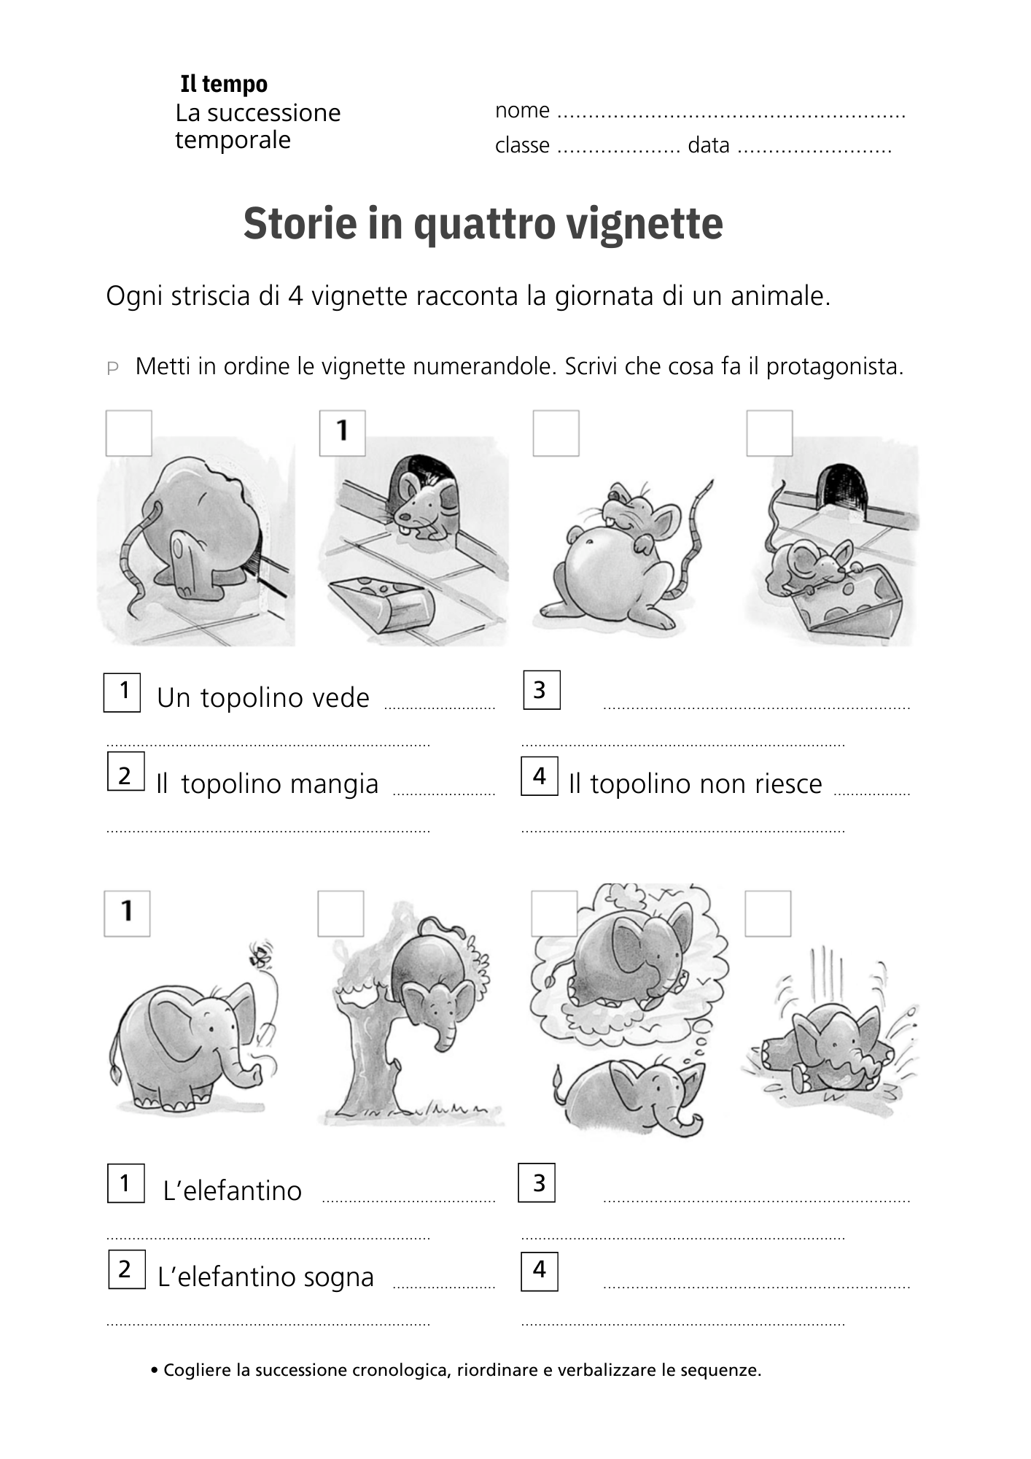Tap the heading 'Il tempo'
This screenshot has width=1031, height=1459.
click(224, 84)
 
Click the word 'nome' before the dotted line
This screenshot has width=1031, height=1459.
click(522, 110)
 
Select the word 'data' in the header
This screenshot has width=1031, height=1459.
click(708, 145)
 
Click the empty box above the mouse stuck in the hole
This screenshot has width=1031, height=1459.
click(129, 433)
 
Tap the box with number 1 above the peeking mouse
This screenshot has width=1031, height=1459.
click(342, 433)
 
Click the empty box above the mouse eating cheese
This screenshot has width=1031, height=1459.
click(769, 433)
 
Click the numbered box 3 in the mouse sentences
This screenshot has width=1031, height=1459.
click(541, 689)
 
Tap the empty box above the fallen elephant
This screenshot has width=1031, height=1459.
click(768, 913)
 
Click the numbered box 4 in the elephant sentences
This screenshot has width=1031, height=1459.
click(539, 1271)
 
